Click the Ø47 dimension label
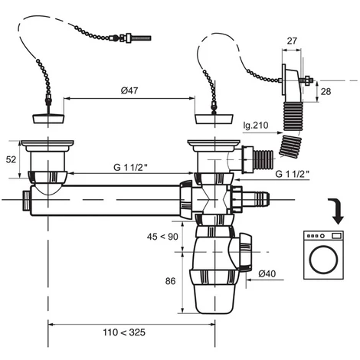[129, 90]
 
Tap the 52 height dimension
[11, 159]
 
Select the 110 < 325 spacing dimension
[124, 332]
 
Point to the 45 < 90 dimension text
[162, 237]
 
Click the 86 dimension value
[170, 281]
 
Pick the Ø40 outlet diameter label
[267, 273]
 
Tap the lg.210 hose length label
[256, 125]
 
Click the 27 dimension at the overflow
[292, 41]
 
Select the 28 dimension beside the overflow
[326, 91]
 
